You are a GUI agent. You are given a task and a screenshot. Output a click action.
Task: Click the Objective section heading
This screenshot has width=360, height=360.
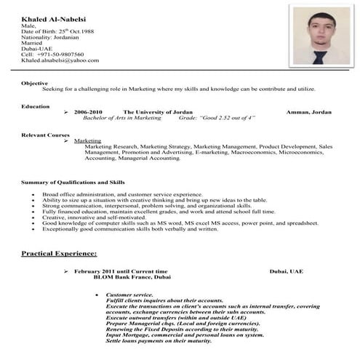click(x=35, y=83)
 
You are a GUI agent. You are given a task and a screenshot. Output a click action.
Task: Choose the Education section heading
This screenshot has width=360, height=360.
click(x=36, y=106)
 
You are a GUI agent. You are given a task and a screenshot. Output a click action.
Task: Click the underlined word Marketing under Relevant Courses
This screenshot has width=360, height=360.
click(x=88, y=140)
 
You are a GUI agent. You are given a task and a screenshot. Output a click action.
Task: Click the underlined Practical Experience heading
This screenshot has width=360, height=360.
click(x=59, y=254)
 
